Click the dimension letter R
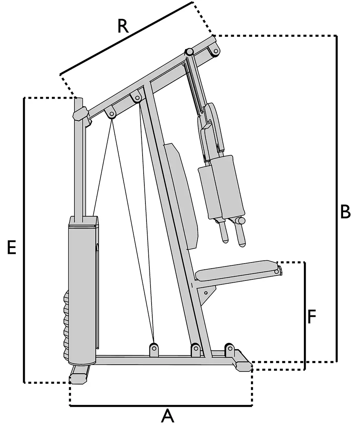point(123,27)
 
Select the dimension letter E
point(12,248)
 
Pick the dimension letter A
point(167,417)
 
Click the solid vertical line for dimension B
point(337,198)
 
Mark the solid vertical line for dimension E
point(24,239)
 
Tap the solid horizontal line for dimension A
point(161,406)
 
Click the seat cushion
point(238,270)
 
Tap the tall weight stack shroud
point(83,288)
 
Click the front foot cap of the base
point(243,365)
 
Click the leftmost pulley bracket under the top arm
point(111,113)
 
